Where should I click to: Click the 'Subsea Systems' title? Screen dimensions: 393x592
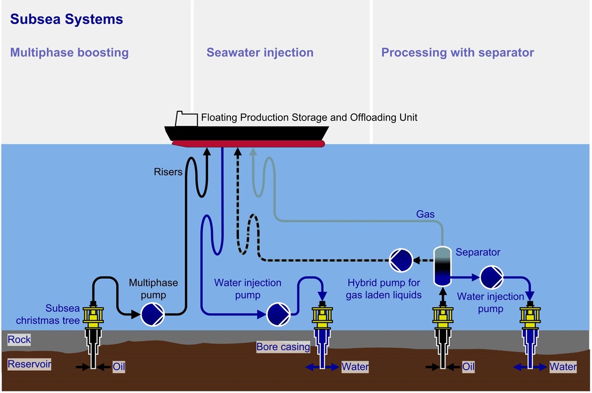click(67, 20)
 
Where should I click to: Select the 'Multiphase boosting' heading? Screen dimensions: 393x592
click(70, 53)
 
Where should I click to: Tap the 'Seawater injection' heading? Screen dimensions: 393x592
click(260, 53)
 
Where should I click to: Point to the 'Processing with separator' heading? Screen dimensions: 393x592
click(457, 53)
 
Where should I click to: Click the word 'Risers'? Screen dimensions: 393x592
click(168, 172)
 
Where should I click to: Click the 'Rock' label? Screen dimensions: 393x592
click(19, 339)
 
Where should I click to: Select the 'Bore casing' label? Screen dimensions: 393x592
click(283, 347)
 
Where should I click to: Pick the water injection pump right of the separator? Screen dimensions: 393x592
click(491, 277)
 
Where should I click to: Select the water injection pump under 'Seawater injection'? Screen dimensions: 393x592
click(277, 314)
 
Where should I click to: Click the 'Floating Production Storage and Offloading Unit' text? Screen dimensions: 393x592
click(309, 118)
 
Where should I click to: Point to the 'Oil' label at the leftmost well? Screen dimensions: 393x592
click(118, 367)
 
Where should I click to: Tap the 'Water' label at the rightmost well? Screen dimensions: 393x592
click(563, 367)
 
